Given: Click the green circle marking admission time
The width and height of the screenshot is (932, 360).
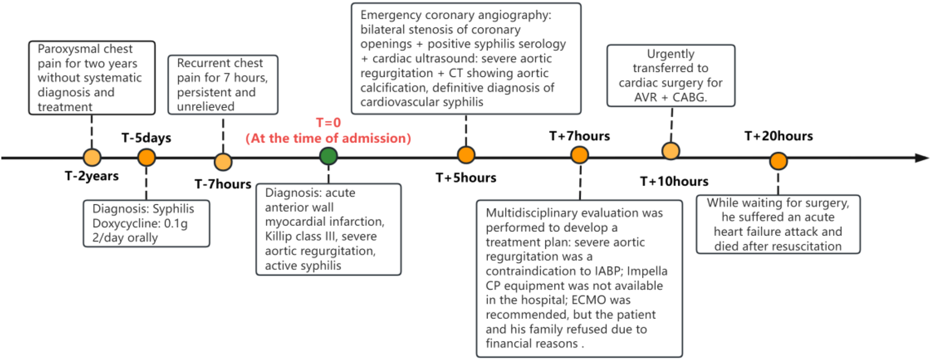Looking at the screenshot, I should point(328,156).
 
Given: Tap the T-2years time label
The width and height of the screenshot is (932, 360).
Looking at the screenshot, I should point(92,176).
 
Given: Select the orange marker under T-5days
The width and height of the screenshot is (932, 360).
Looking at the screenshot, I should point(147,157).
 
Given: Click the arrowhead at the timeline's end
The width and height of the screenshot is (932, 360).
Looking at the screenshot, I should point(922,158).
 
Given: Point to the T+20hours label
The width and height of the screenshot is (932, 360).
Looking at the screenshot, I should point(778,136).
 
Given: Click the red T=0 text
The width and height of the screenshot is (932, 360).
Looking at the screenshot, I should point(328,123).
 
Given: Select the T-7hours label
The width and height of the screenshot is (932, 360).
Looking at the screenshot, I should point(223,184).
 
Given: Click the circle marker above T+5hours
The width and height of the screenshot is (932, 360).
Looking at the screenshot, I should point(466,155).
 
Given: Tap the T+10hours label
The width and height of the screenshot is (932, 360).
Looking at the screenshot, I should point(674,181).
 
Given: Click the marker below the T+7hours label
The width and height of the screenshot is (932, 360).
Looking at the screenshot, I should point(580,155).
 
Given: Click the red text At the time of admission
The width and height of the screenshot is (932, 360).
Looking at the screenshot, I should point(328,138).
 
